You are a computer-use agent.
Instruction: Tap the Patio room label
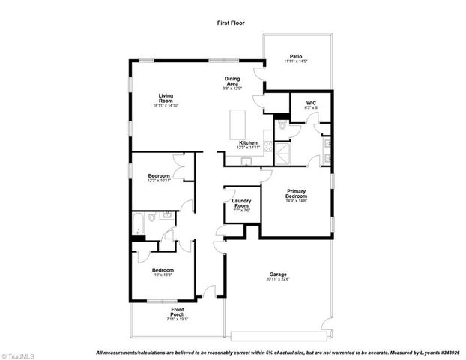click(296, 55)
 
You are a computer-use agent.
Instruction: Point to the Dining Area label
click(232, 81)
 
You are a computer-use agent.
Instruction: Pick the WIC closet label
click(312, 103)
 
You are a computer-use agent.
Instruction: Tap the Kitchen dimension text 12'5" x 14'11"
click(249, 148)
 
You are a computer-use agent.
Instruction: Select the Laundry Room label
click(241, 203)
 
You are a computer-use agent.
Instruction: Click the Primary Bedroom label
click(297, 193)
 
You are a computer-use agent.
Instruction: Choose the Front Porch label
click(178, 312)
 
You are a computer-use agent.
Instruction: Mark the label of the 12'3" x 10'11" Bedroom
click(159, 175)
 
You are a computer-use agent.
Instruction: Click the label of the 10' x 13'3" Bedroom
click(163, 269)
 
